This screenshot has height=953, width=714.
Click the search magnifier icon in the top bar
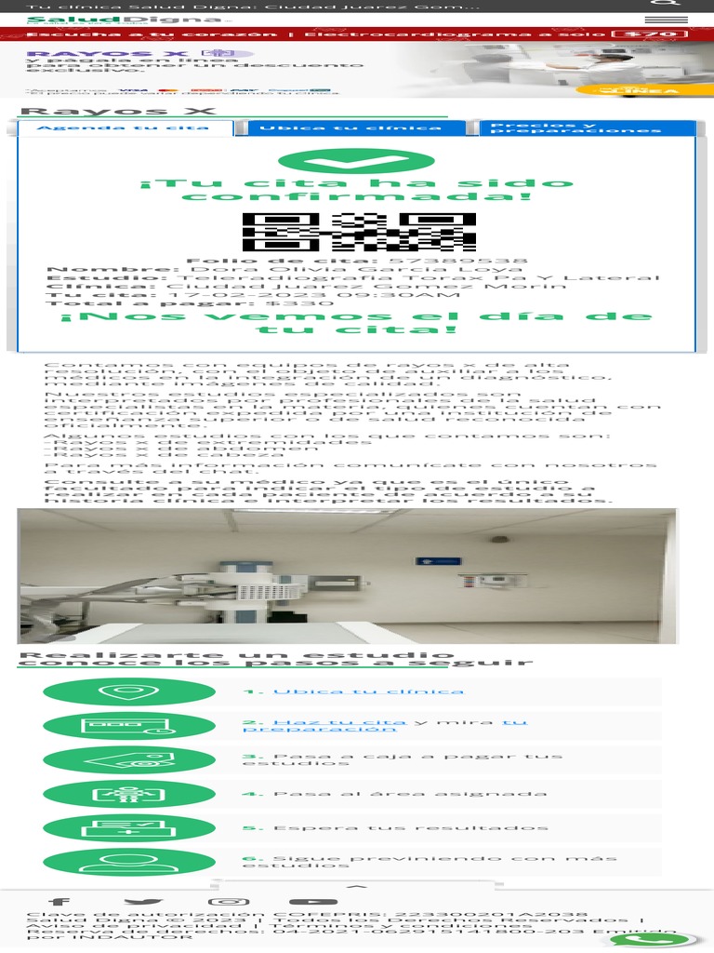pyautogui.click(x=671, y=5)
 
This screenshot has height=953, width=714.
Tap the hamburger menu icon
pyautogui.click(x=671, y=20)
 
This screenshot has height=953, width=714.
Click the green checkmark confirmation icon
pyautogui.click(x=356, y=162)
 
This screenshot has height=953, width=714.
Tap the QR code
pyautogui.click(x=359, y=232)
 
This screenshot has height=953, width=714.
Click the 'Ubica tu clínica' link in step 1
pyautogui.click(x=368, y=691)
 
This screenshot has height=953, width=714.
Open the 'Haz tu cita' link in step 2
pyautogui.click(x=339, y=722)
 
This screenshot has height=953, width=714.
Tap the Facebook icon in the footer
pyautogui.click(x=59, y=901)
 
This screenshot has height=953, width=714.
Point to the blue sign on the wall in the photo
pyautogui.click(x=438, y=562)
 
